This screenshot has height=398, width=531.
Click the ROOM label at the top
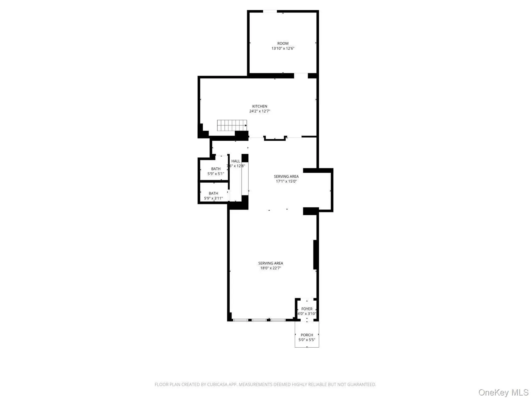(283, 43)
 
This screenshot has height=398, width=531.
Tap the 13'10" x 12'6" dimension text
(283, 48)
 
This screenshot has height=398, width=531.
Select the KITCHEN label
(260, 106)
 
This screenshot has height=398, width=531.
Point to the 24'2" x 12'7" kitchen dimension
(260, 111)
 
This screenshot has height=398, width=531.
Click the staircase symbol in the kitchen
(232, 125)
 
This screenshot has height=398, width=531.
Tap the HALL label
(236, 161)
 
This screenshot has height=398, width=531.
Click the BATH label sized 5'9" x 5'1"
(216, 169)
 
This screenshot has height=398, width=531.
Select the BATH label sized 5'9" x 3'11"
(213, 193)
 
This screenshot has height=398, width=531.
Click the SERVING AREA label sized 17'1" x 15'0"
(286, 176)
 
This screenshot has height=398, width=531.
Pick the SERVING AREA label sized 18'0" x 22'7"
(270, 263)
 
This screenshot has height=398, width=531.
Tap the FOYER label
(307, 309)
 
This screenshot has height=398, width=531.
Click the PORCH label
(307, 335)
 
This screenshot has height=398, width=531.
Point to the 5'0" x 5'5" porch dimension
(307, 340)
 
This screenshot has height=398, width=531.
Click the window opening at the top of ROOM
(270, 12)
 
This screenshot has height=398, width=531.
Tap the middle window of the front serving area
(259, 320)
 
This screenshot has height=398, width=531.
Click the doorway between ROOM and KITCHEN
(301, 75)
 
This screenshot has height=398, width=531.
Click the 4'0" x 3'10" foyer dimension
(307, 314)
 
